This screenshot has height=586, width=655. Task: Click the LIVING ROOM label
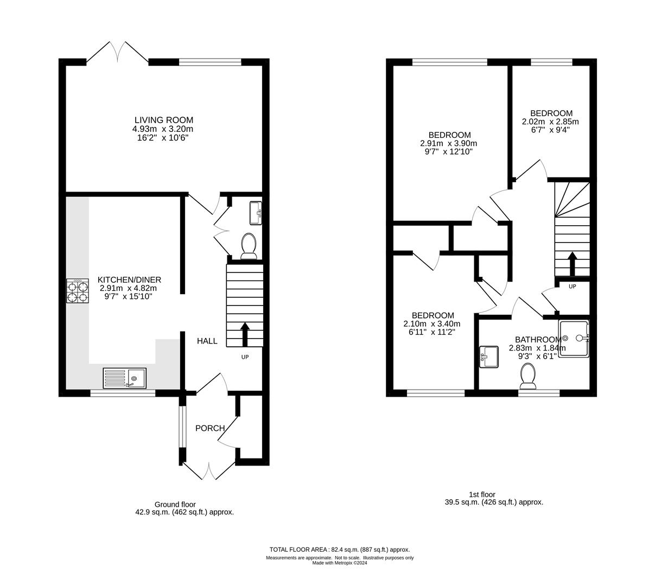coord(163,120)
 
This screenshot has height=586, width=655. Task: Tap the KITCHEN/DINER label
coord(129,279)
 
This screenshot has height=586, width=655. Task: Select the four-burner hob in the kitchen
coord(78,291)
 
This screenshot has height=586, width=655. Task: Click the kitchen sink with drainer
coord(124,378)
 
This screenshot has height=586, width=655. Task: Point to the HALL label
coord(207,341)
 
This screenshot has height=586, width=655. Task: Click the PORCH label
coord(210,428)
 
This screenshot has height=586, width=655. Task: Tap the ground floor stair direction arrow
coord(245,334)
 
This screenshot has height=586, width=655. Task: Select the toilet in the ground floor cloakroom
coord(249,245)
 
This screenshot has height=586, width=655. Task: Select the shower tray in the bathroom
coord(573,339)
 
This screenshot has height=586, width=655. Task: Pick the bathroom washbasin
coord(489,357)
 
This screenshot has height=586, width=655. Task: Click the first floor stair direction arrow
coord(572,264)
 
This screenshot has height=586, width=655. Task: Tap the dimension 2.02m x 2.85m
coord(550,122)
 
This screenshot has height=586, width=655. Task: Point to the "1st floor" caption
coord(482,494)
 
